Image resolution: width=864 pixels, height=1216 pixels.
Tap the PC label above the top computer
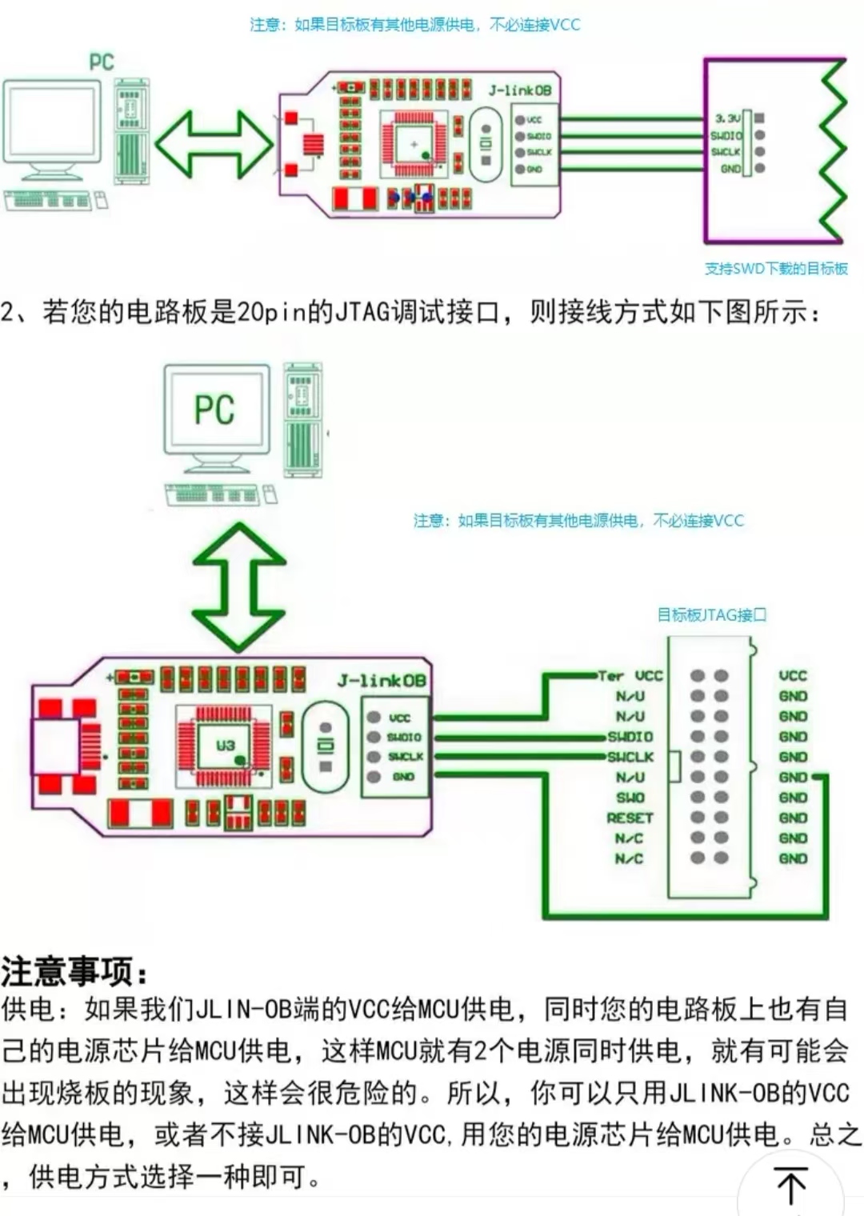102,62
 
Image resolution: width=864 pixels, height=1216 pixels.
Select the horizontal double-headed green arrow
214,144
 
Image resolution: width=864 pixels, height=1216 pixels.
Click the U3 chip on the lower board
225,746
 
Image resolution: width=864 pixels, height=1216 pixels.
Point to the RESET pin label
630,818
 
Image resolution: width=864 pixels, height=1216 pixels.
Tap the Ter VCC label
630,676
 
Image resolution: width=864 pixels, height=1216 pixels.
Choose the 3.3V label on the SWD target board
728,118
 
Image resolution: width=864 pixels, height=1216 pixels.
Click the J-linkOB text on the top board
520,90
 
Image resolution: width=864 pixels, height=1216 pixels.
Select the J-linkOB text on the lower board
382,681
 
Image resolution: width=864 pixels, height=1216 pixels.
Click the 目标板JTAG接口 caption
711,615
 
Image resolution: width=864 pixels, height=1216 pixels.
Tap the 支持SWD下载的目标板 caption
775,269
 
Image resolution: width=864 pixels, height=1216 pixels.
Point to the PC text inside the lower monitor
214,410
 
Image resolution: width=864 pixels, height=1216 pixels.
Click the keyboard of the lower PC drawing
212,494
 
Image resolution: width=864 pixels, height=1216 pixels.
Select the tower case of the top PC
132,131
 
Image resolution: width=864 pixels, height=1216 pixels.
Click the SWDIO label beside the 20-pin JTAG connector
630,736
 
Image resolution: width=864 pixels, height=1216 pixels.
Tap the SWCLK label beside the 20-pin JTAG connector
630,757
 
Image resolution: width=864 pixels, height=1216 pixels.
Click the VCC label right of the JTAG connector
793,676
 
